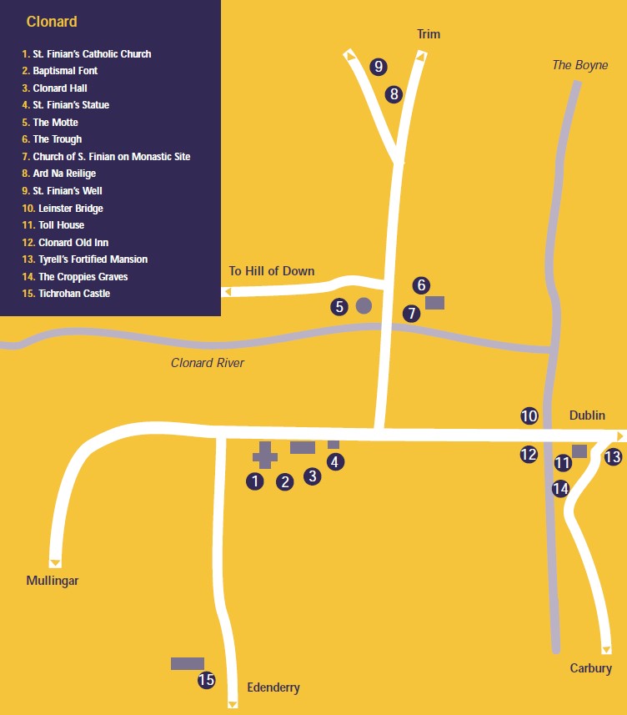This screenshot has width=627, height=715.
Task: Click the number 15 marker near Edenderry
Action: pyautogui.click(x=206, y=680)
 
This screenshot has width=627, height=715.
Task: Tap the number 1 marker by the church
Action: pyautogui.click(x=255, y=481)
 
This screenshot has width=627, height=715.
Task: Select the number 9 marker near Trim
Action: pyautogui.click(x=379, y=66)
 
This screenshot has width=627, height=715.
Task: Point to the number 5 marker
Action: pyautogui.click(x=339, y=306)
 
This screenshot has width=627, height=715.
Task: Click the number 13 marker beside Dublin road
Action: pyautogui.click(x=613, y=456)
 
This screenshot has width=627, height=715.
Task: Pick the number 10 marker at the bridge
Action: pyautogui.click(x=529, y=415)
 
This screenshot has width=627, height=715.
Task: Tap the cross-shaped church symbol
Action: pyautogui.click(x=265, y=455)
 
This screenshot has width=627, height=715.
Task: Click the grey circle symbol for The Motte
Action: pyautogui.click(x=364, y=305)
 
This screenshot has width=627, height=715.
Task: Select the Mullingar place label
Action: pyautogui.click(x=53, y=581)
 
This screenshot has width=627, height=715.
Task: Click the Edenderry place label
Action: pyautogui.click(x=273, y=688)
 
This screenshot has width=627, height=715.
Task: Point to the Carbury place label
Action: pyautogui.click(x=591, y=668)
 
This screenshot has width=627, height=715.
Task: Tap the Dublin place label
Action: pyautogui.click(x=587, y=415)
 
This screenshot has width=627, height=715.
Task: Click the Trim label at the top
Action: pyautogui.click(x=429, y=34)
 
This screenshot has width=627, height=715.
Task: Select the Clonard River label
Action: pyautogui.click(x=208, y=363)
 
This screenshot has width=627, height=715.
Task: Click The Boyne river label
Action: pyautogui.click(x=580, y=65)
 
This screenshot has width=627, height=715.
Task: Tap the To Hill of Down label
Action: pyautogui.click(x=272, y=271)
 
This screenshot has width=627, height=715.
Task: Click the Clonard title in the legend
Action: pyautogui.click(x=52, y=22)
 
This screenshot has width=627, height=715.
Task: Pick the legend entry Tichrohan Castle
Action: pyautogui.click(x=73, y=294)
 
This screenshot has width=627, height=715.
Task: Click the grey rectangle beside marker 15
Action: pyautogui.click(x=188, y=663)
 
